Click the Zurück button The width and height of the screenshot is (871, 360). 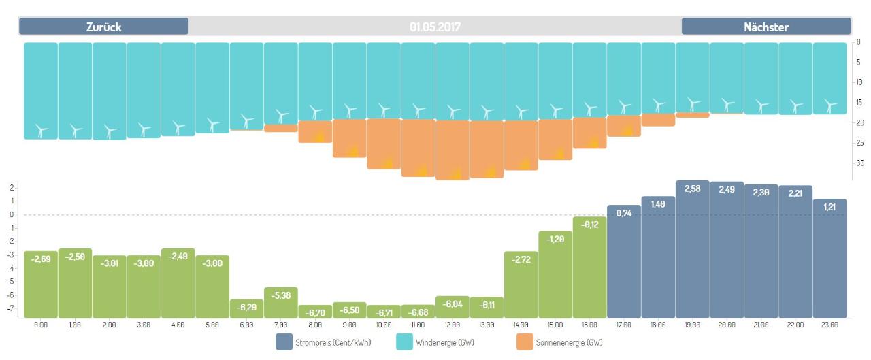click(103, 27)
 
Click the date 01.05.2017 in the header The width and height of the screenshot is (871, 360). click(435, 27)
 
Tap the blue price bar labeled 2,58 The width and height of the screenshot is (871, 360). click(693, 249)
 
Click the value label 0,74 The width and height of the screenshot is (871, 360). click(624, 213)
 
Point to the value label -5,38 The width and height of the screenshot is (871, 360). click(281, 295)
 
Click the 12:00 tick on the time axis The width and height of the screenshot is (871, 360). click(452, 325)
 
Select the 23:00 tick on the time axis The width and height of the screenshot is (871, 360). click(829, 325)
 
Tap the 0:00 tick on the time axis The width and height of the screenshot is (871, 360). click(41, 325)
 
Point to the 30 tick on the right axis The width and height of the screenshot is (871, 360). click(859, 163)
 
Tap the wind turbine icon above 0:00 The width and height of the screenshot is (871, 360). click(41, 129)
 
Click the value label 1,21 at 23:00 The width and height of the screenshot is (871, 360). click(829, 206)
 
